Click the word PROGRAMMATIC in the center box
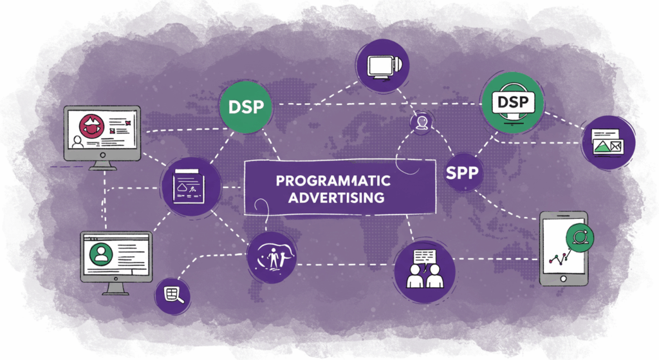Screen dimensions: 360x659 pyautogui.click(x=329, y=180)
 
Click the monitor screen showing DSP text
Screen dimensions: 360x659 pyautogui.click(x=513, y=102)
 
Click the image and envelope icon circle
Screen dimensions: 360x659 pyautogui.click(x=608, y=142)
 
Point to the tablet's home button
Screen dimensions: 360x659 pyautogui.click(x=563, y=279)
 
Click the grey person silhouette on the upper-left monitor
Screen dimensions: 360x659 pyautogui.click(x=78, y=142)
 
